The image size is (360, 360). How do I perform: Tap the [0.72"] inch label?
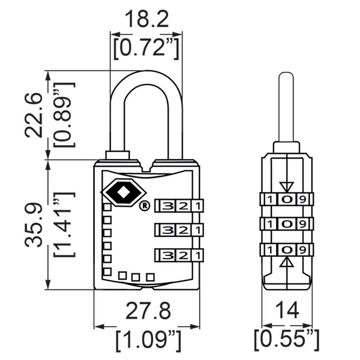tap(146, 48)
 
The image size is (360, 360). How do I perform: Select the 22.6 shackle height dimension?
tap(33, 115)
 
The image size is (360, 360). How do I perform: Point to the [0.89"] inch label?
tap(63, 115)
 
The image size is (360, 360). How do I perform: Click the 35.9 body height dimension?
tap(33, 225)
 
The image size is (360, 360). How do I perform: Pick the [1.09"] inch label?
tap(147, 341)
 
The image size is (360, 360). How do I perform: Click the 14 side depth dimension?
tap(287, 310)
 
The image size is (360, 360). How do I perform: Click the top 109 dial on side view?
tap(287, 198)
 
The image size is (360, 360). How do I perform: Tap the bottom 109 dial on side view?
tap(287, 249)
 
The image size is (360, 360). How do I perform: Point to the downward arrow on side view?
tap(287, 185)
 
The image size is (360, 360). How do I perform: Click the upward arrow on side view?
tap(287, 262)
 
